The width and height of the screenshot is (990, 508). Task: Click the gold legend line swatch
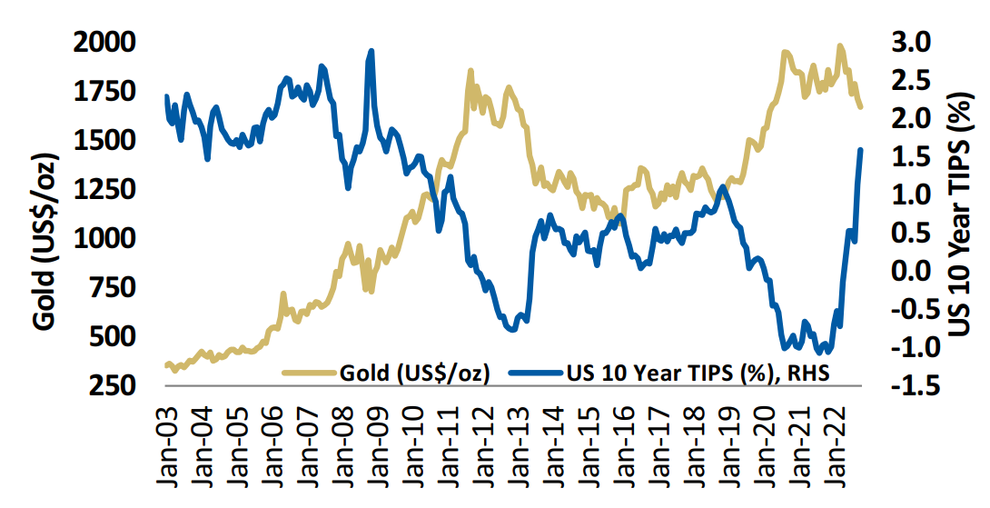pos(310,372)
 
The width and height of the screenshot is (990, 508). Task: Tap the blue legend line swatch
pos(536,372)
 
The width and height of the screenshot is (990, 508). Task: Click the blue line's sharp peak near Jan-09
pos(371,52)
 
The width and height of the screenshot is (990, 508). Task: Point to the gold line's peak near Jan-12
pos(470,71)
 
